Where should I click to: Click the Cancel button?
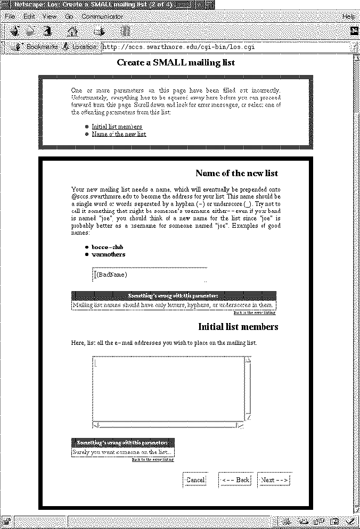tap(195, 480)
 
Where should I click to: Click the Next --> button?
tap(274, 480)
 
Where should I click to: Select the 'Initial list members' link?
tap(117, 127)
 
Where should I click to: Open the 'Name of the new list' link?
tap(119, 134)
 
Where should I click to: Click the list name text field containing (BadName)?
tap(149, 275)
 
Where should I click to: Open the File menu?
tap(10, 16)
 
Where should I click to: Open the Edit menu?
tap(29, 16)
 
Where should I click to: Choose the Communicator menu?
tap(102, 16)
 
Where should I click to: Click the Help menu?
tap(349, 16)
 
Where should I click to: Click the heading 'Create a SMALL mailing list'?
tap(176, 63)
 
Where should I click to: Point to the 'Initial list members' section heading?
tap(238, 327)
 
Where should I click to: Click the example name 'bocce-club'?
tap(107, 247)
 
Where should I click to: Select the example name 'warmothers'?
tap(109, 254)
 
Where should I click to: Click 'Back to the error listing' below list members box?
tap(153, 459)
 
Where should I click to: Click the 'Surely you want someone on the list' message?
tap(123, 452)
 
